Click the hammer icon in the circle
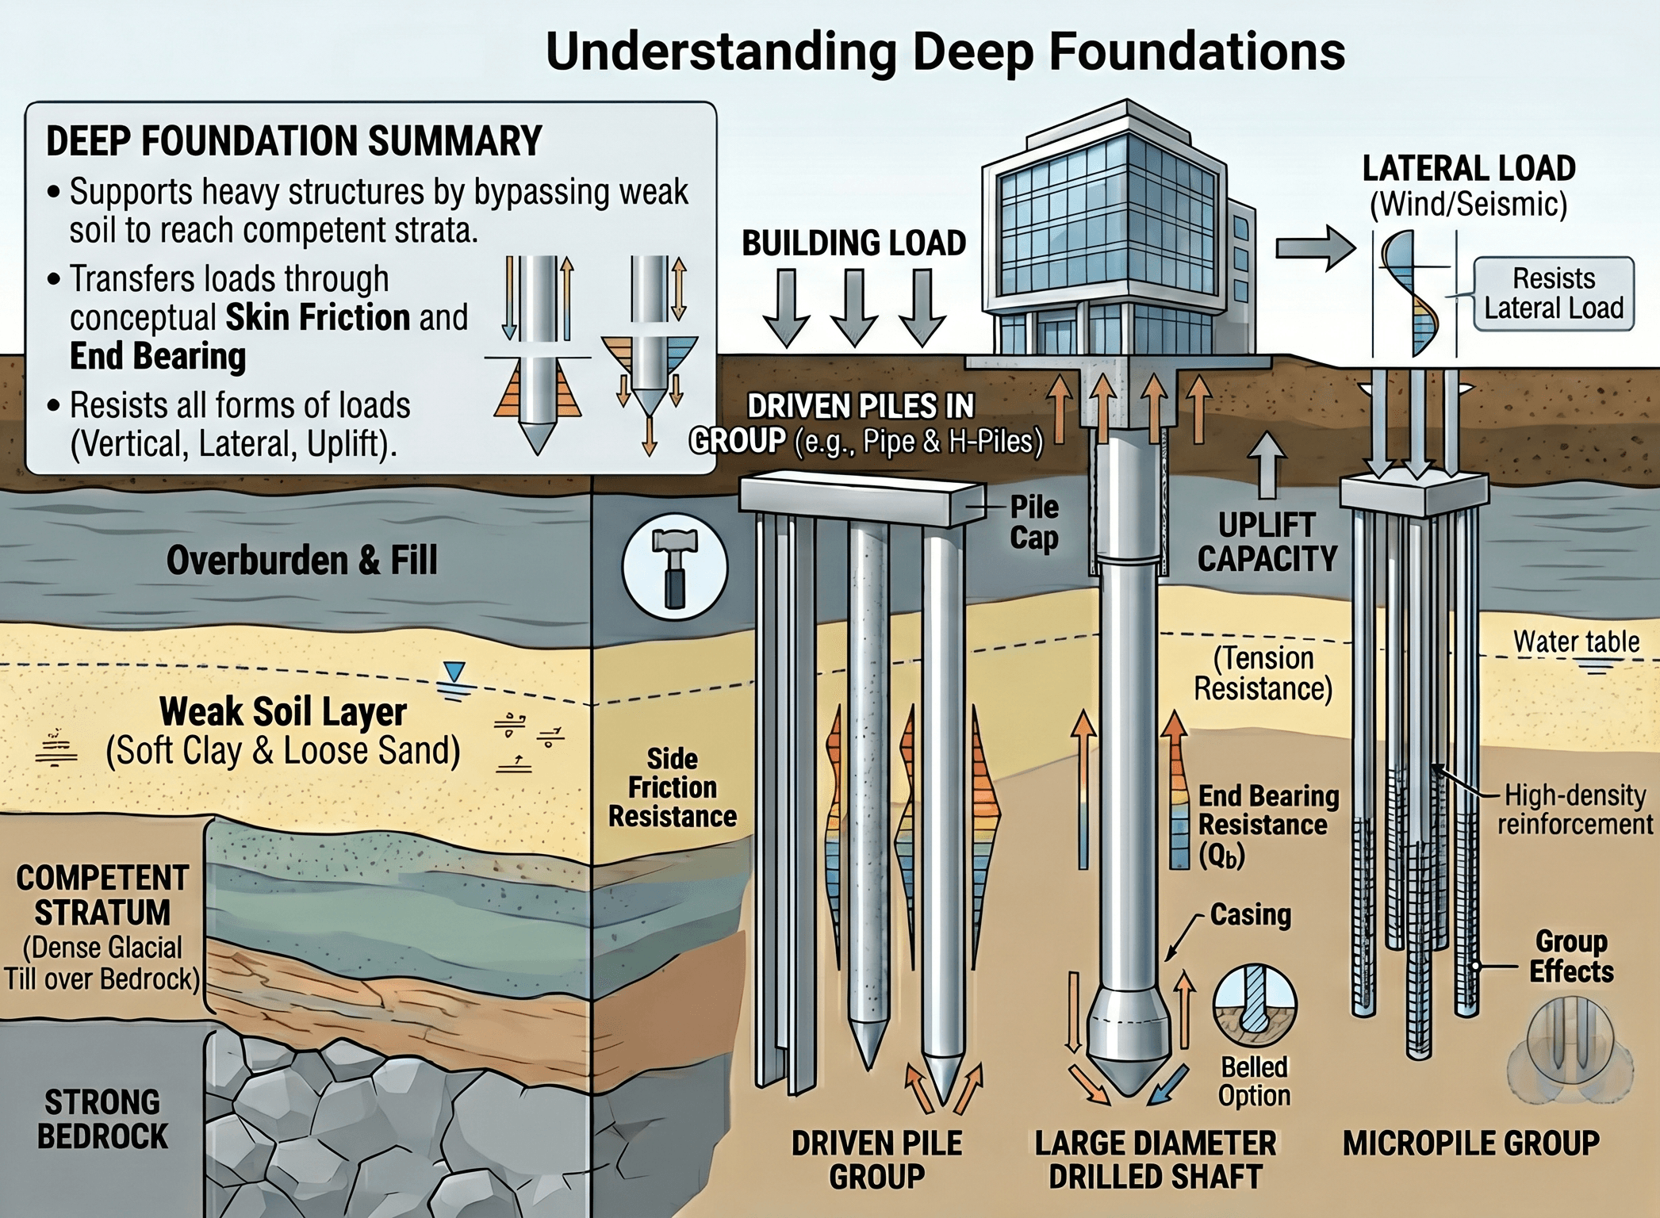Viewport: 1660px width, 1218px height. coord(674,569)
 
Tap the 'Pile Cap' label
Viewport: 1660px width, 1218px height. coord(1033,523)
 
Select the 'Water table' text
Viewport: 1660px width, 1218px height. coord(1575,642)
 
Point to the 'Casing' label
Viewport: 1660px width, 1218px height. coord(1250,914)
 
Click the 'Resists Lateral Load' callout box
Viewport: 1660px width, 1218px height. coord(1553,293)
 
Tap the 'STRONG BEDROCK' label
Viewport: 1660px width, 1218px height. coord(102,1119)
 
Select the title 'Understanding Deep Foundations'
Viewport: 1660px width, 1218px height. coord(945,52)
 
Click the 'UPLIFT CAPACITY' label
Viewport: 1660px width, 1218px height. coord(1267,542)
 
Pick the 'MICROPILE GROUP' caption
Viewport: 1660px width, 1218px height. coord(1470,1143)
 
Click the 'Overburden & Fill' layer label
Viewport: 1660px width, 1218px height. coord(301,561)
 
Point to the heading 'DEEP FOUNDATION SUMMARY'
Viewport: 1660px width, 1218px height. coord(293,141)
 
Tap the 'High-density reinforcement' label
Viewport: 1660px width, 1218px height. coord(1574,810)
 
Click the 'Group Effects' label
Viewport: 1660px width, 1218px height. coord(1570,956)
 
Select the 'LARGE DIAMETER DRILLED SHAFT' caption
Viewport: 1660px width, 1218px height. coord(1155,1159)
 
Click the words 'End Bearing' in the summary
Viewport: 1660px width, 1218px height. coord(158,356)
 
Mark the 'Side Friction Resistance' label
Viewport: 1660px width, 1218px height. coord(672,787)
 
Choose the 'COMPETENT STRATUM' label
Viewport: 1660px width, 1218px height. coord(102,895)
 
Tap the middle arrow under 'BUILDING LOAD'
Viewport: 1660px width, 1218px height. coord(854,308)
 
